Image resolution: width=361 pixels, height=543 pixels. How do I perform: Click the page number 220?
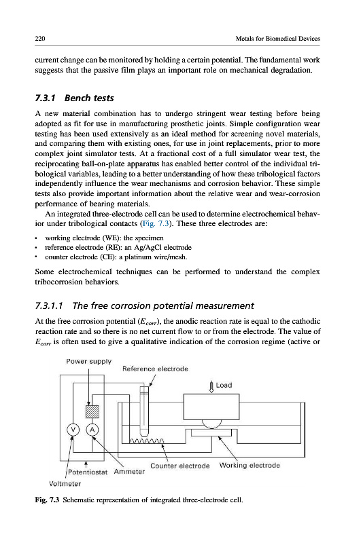click(40, 39)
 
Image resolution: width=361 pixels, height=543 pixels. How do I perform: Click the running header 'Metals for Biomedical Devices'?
click(278, 39)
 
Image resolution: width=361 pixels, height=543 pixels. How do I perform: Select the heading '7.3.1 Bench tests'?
click(75, 98)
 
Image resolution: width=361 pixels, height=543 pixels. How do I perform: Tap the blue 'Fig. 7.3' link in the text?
click(156, 223)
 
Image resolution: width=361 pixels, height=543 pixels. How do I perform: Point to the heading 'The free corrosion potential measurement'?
click(163, 306)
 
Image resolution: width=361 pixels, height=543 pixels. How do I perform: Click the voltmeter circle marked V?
click(73, 430)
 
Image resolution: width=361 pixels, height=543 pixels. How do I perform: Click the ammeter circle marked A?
click(92, 430)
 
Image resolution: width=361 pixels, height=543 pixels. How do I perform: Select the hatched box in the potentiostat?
click(92, 411)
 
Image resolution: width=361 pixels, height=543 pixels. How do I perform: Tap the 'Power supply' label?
click(89, 362)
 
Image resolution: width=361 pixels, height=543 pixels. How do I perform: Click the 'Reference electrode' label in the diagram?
click(156, 369)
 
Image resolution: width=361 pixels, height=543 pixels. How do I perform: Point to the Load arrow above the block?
click(211, 387)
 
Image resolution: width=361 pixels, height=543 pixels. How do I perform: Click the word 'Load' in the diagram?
click(224, 385)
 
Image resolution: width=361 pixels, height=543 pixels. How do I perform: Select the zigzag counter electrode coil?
click(147, 441)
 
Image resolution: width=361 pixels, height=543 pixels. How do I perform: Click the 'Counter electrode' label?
click(180, 466)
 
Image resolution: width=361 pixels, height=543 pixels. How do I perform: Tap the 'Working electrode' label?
click(250, 466)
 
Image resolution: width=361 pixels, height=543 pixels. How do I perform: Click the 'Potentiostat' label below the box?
click(88, 472)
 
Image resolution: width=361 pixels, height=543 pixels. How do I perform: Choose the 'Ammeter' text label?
click(129, 472)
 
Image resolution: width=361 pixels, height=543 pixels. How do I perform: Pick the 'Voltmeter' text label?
click(65, 484)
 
